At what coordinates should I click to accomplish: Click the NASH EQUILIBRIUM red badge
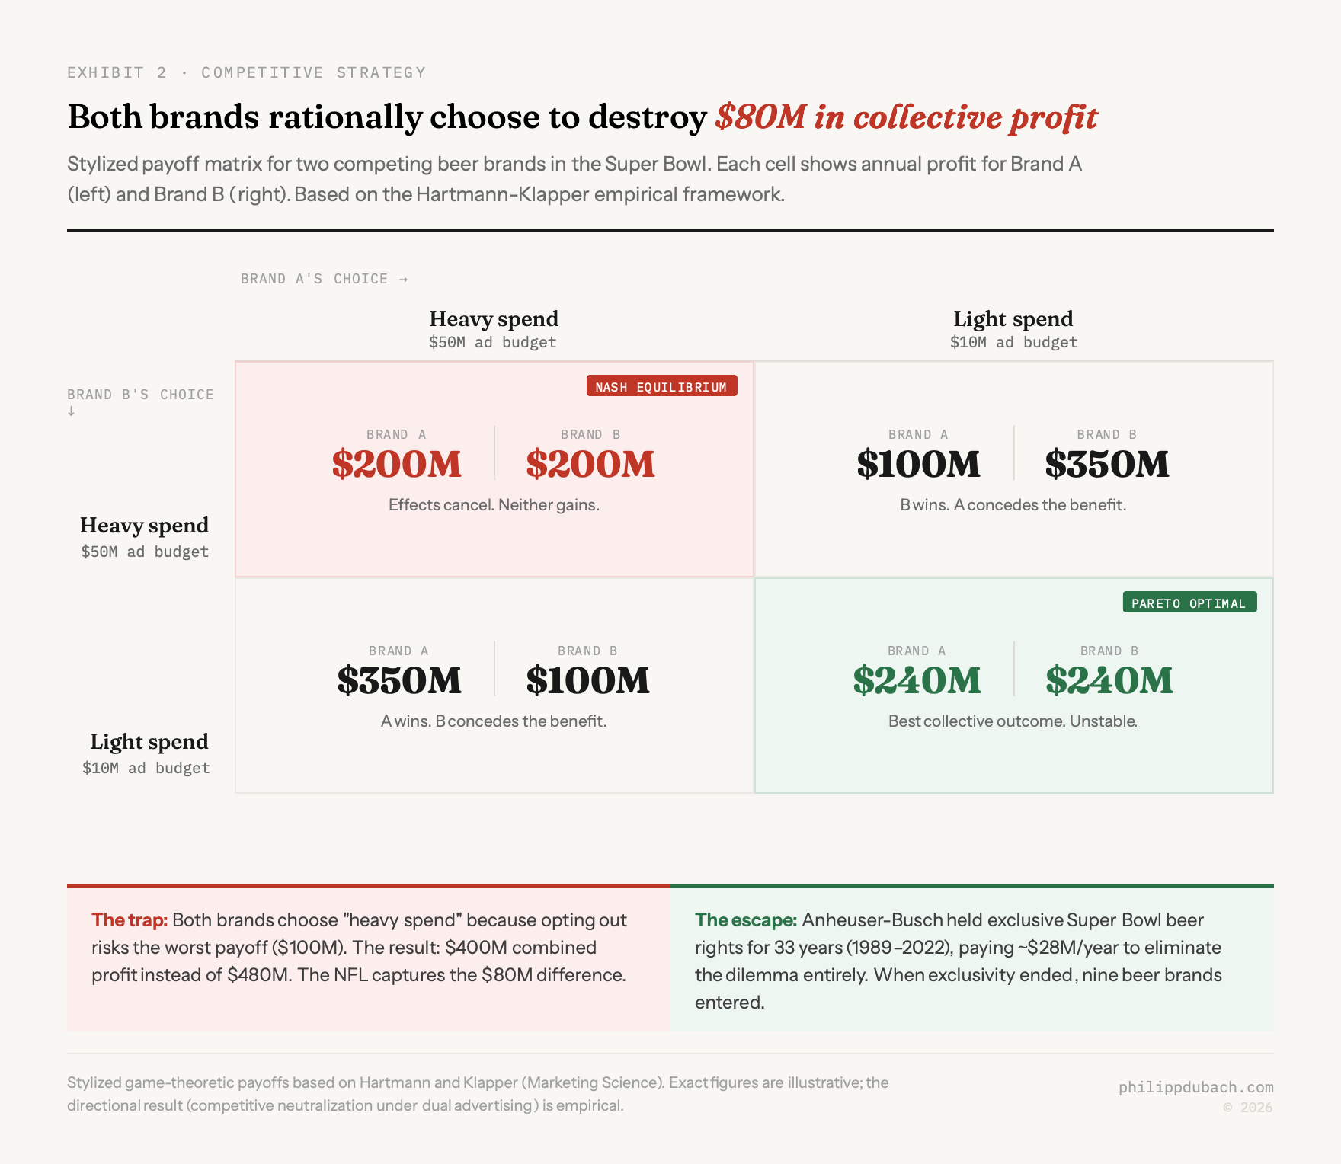pyautogui.click(x=661, y=386)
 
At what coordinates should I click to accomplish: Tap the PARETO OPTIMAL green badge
pyautogui.click(x=1189, y=603)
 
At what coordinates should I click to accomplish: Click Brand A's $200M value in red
pyautogui.click(x=397, y=464)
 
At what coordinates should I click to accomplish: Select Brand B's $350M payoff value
pyautogui.click(x=1106, y=464)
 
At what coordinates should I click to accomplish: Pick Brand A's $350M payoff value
pyautogui.click(x=399, y=680)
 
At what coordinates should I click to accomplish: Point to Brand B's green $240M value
pyautogui.click(x=1109, y=680)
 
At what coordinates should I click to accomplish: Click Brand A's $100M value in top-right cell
pyautogui.click(x=918, y=464)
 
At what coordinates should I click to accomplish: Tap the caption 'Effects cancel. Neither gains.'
pyautogui.click(x=494, y=504)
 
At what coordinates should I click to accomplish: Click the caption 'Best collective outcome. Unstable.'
pyautogui.click(x=1013, y=721)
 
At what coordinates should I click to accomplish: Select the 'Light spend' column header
pyautogui.click(x=1013, y=318)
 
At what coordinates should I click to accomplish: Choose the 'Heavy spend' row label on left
pyautogui.click(x=144, y=525)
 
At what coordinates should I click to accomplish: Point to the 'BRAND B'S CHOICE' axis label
pyautogui.click(x=140, y=395)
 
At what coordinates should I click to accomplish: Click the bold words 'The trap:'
pyautogui.click(x=130, y=919)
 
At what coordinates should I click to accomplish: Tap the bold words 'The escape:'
pyautogui.click(x=745, y=919)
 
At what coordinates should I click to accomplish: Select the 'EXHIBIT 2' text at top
pyautogui.click(x=117, y=72)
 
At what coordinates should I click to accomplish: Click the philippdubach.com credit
pyautogui.click(x=1195, y=1087)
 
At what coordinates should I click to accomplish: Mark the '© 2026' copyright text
pyautogui.click(x=1247, y=1108)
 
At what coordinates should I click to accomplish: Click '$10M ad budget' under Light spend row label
pyautogui.click(x=146, y=768)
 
